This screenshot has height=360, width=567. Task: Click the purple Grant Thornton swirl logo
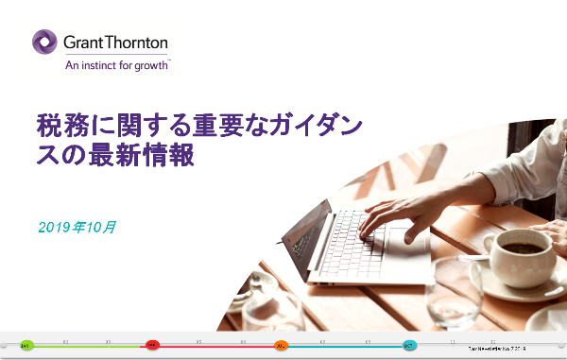point(44,43)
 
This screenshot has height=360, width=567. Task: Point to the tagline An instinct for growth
point(116,66)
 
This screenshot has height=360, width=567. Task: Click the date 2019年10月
point(77,227)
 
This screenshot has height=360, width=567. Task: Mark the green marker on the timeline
point(26,346)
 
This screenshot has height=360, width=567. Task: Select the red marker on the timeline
point(151,346)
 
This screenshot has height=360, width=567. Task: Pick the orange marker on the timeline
point(281,346)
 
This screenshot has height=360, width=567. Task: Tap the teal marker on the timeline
point(409,346)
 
